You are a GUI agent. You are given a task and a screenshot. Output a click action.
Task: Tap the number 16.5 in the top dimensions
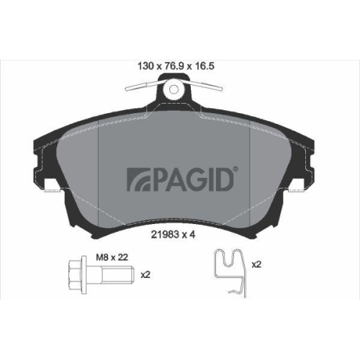pos(208,64)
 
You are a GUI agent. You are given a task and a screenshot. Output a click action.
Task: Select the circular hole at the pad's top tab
pos(173,90)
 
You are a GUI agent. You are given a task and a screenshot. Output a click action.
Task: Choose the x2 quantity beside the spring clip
pos(256,264)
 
